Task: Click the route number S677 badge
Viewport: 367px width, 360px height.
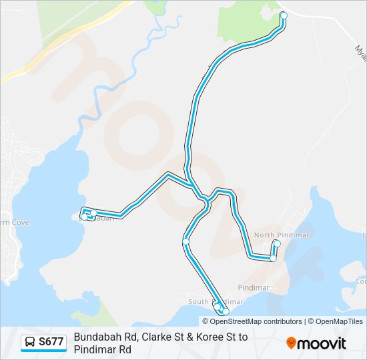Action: tap(51, 343)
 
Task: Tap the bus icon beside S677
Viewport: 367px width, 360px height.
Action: tap(31, 343)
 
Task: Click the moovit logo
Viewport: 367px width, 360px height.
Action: tap(316, 343)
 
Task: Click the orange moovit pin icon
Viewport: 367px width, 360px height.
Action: tap(291, 343)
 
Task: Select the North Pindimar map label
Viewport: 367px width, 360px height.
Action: tap(274, 235)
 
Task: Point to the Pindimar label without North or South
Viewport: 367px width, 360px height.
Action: tap(254, 287)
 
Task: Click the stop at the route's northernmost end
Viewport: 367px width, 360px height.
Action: tap(283, 15)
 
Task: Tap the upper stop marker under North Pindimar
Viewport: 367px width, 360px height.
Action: tap(277, 243)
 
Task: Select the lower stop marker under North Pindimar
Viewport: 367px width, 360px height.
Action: tap(273, 257)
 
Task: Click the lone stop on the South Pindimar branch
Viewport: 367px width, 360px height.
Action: tap(186, 241)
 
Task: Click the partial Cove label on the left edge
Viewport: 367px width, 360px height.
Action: tap(12, 222)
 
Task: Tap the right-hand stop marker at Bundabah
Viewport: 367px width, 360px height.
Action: tap(94, 213)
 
